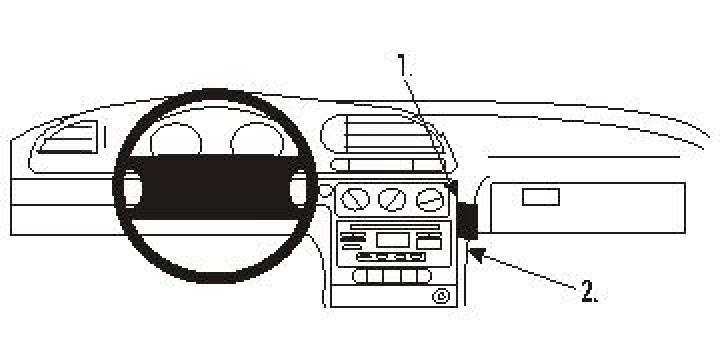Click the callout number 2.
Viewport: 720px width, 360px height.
coord(589,291)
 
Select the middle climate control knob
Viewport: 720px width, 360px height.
coord(392,200)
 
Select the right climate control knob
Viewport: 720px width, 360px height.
coord(430,200)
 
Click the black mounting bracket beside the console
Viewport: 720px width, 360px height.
coord(467,221)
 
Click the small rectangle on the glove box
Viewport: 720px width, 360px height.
coord(540,197)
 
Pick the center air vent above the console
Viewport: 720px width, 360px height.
coord(380,135)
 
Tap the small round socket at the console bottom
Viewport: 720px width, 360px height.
coord(441,295)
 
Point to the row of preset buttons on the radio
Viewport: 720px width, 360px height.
coord(395,257)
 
